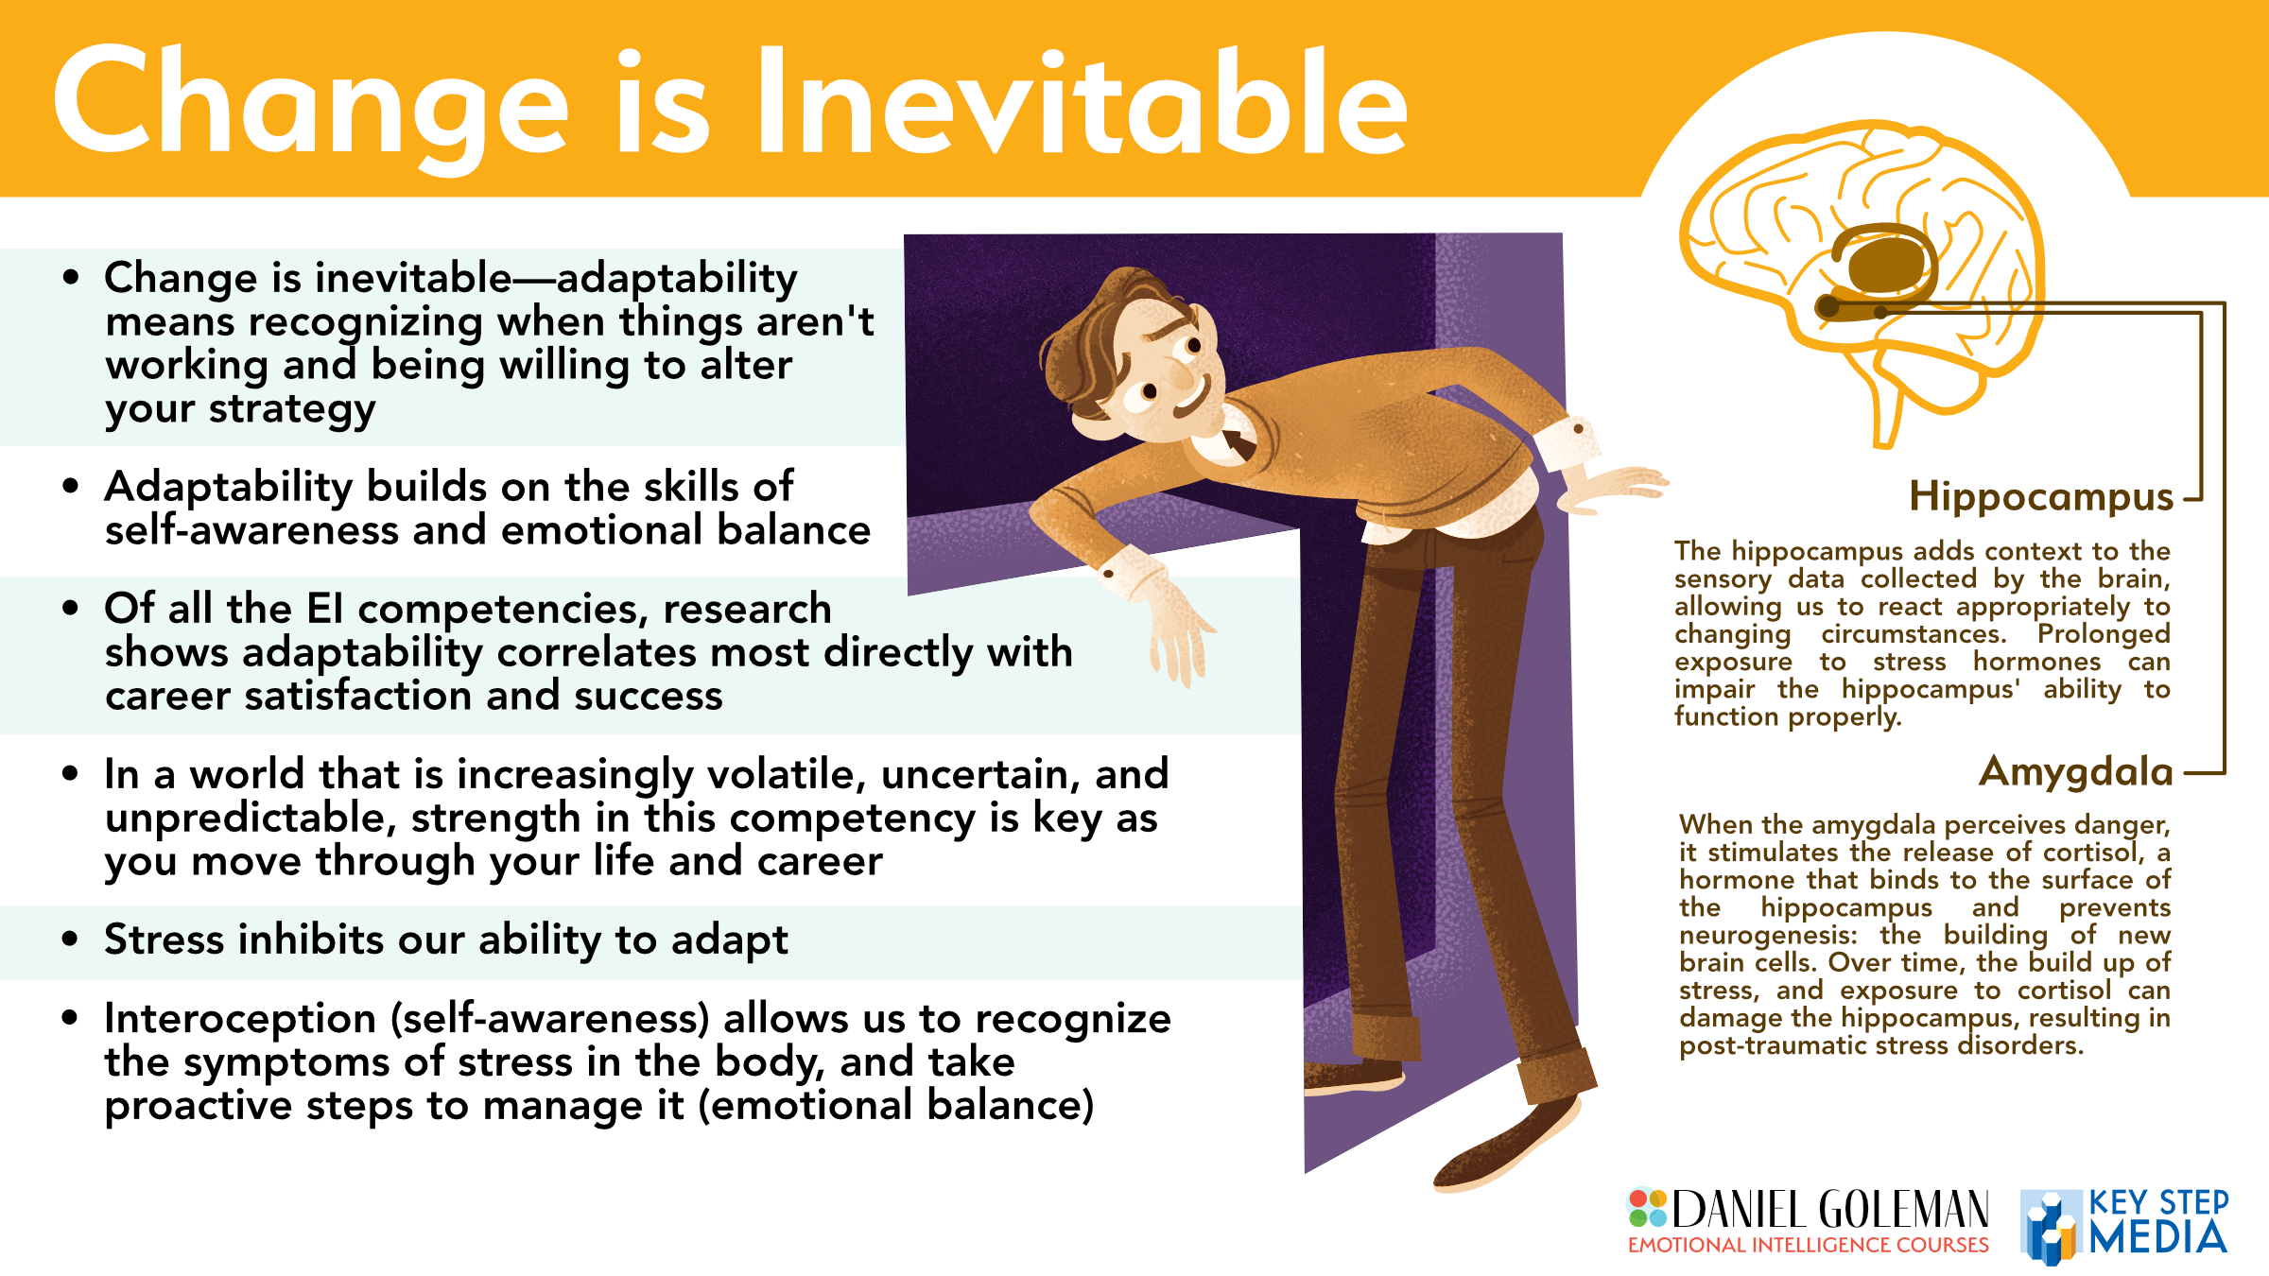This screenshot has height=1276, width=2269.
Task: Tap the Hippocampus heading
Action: click(x=2041, y=497)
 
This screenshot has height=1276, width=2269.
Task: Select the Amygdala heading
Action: click(x=2076, y=772)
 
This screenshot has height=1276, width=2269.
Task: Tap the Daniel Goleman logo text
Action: click(x=1830, y=1210)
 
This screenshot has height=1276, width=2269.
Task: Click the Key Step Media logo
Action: click(x=2123, y=1225)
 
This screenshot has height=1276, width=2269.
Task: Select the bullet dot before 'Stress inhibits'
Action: click(x=70, y=940)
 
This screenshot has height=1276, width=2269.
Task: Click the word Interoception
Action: click(x=240, y=1019)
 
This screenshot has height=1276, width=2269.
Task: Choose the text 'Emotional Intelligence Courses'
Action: click(x=1808, y=1246)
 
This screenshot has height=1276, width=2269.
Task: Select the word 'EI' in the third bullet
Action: click(x=325, y=609)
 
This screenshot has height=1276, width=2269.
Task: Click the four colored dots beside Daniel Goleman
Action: click(x=1647, y=1208)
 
